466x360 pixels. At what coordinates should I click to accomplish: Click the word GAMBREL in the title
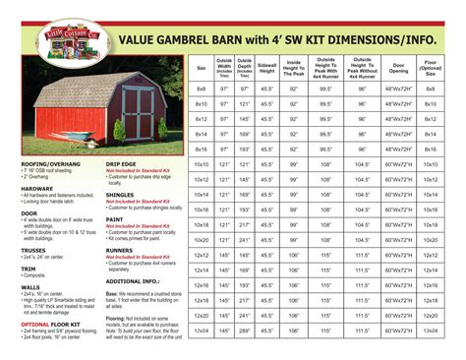click(x=216, y=39)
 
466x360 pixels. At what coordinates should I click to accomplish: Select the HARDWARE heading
click(x=38, y=187)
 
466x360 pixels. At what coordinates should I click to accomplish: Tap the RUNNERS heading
click(x=122, y=250)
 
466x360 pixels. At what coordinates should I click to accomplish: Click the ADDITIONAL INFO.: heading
click(x=132, y=280)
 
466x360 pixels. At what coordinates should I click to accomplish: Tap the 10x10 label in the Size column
click(x=201, y=163)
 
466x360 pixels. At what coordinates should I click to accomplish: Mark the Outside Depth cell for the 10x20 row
click(x=245, y=239)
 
